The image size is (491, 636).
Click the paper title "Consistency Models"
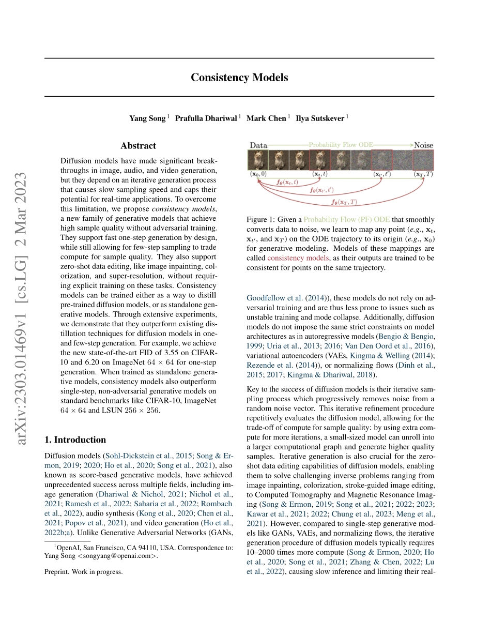239,78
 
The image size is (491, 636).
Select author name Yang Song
147,118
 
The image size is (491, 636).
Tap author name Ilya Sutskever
319,118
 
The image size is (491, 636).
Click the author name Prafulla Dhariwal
206,118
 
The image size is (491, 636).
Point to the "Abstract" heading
138,146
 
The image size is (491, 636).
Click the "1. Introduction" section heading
75,440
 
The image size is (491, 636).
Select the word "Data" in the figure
258,145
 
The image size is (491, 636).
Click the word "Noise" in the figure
423,145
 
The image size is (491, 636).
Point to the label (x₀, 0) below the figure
258,174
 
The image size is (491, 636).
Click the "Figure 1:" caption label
263,220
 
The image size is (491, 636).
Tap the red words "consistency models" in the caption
298,258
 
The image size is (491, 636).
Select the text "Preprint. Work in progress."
84,571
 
